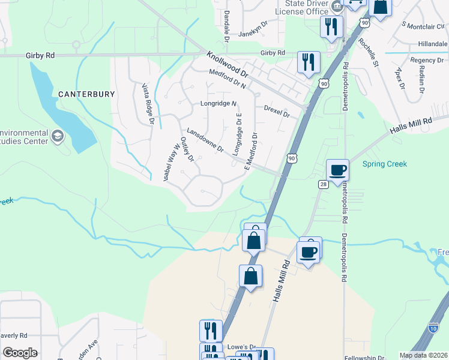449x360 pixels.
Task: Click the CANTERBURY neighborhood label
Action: point(86,94)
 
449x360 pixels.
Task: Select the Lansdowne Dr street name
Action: point(205,140)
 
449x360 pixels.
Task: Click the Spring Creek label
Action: point(385,164)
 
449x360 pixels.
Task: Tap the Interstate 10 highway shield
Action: point(433,328)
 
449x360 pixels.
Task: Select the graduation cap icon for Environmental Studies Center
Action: point(58,136)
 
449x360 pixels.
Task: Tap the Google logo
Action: point(20,353)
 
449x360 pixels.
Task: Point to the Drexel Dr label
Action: point(277,111)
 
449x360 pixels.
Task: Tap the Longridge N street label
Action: point(218,104)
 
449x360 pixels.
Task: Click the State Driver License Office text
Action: point(303,7)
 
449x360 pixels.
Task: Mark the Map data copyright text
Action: point(423,355)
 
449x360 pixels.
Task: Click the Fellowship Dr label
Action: point(365,358)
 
